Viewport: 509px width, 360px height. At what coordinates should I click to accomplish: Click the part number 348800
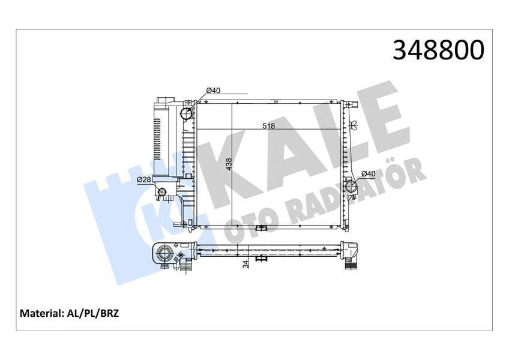tap(438, 50)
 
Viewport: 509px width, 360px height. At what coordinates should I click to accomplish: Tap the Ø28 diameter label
tap(143, 179)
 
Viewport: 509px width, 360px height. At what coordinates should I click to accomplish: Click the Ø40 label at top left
tap(213, 91)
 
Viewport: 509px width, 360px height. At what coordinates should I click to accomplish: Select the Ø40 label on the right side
tap(368, 174)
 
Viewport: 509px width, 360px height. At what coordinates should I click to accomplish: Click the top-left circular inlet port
tap(187, 113)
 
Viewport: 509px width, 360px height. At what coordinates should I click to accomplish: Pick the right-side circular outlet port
tap(352, 187)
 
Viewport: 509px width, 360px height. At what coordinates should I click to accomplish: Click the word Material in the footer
tap(41, 313)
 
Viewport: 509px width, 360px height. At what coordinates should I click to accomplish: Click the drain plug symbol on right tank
tap(353, 125)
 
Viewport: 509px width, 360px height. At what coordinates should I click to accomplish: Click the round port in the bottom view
tap(164, 256)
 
